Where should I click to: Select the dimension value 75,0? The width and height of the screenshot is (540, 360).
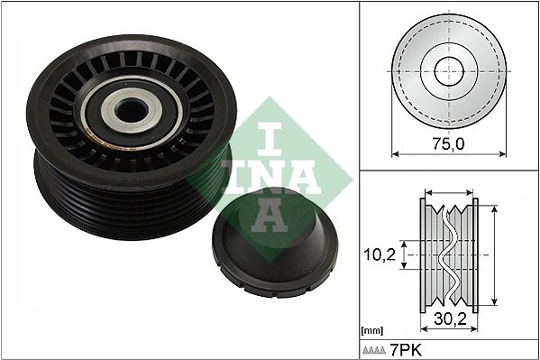(x=448, y=143)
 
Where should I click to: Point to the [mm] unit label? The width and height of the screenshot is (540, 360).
(x=371, y=331)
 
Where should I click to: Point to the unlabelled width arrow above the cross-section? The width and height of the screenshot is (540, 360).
(x=448, y=192)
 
